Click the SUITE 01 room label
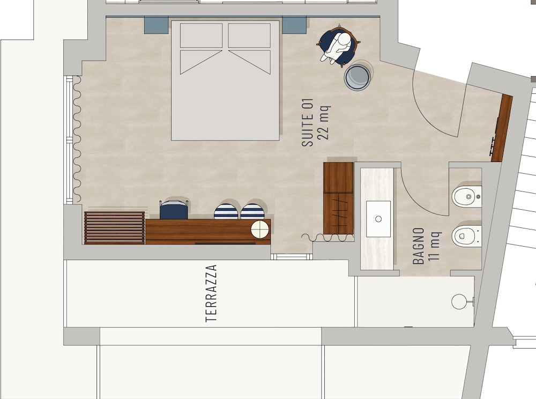pos(308,122)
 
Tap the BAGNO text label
pos(419,246)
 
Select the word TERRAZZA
pos(211,293)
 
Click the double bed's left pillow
pos(202,35)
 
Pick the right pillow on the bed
pos(249,35)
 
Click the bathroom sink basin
pos(378,219)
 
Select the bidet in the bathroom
pos(467,197)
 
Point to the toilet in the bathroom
pos(467,236)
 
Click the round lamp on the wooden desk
pos(260,229)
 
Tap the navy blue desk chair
pos(174,209)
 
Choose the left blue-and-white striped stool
pos(226,211)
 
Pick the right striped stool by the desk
pos(252,211)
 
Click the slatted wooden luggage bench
pos(115,228)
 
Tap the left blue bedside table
pos(156,25)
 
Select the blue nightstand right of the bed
pos(294,25)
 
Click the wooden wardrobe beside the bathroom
pos(338,198)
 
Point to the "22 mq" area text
pos(324,122)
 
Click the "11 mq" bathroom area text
pos(435,246)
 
